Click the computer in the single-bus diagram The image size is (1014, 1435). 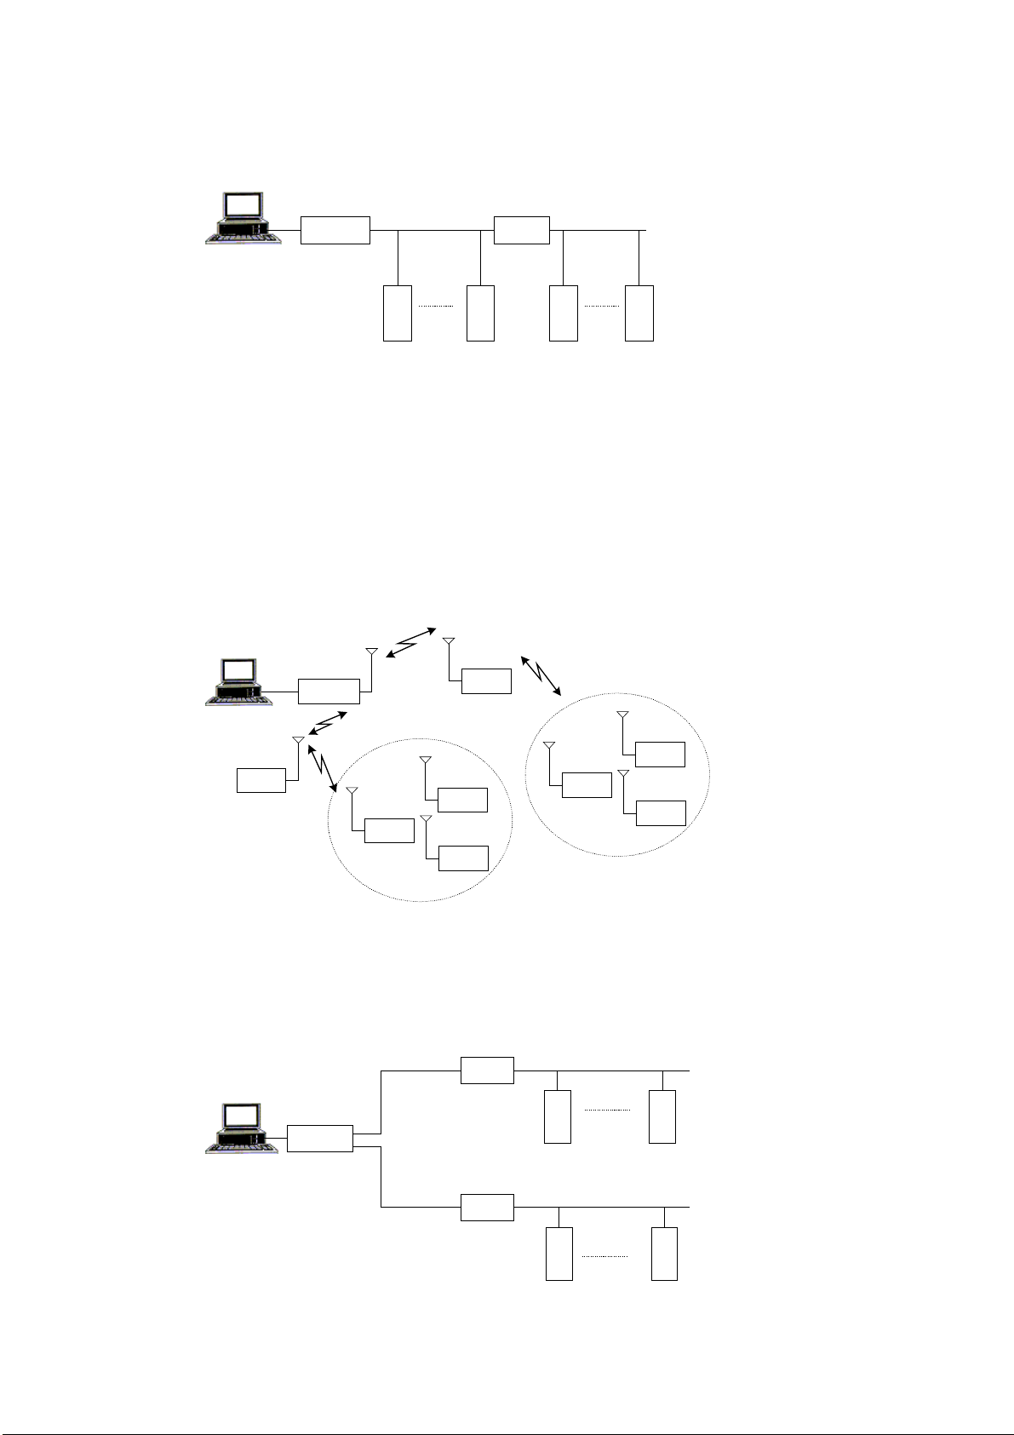tap(243, 219)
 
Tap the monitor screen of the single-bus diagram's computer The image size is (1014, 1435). tap(244, 206)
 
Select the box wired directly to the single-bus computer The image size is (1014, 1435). tap(335, 230)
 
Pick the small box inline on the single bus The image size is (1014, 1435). tap(522, 230)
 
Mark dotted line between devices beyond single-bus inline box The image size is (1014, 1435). tap(601, 305)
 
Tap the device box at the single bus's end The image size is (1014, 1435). tap(639, 313)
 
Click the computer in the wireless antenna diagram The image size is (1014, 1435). tap(239, 681)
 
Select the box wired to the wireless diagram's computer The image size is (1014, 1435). tap(329, 692)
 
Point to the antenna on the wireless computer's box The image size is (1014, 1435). tap(371, 654)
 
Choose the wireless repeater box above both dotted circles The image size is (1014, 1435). tap(486, 681)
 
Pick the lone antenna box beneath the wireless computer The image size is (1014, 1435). tap(261, 780)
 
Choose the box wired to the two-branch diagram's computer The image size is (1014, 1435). tap(320, 1139)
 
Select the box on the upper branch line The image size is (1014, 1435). tap(487, 1071)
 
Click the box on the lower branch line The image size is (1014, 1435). tap(487, 1207)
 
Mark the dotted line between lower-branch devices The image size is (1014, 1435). tap(605, 1256)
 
